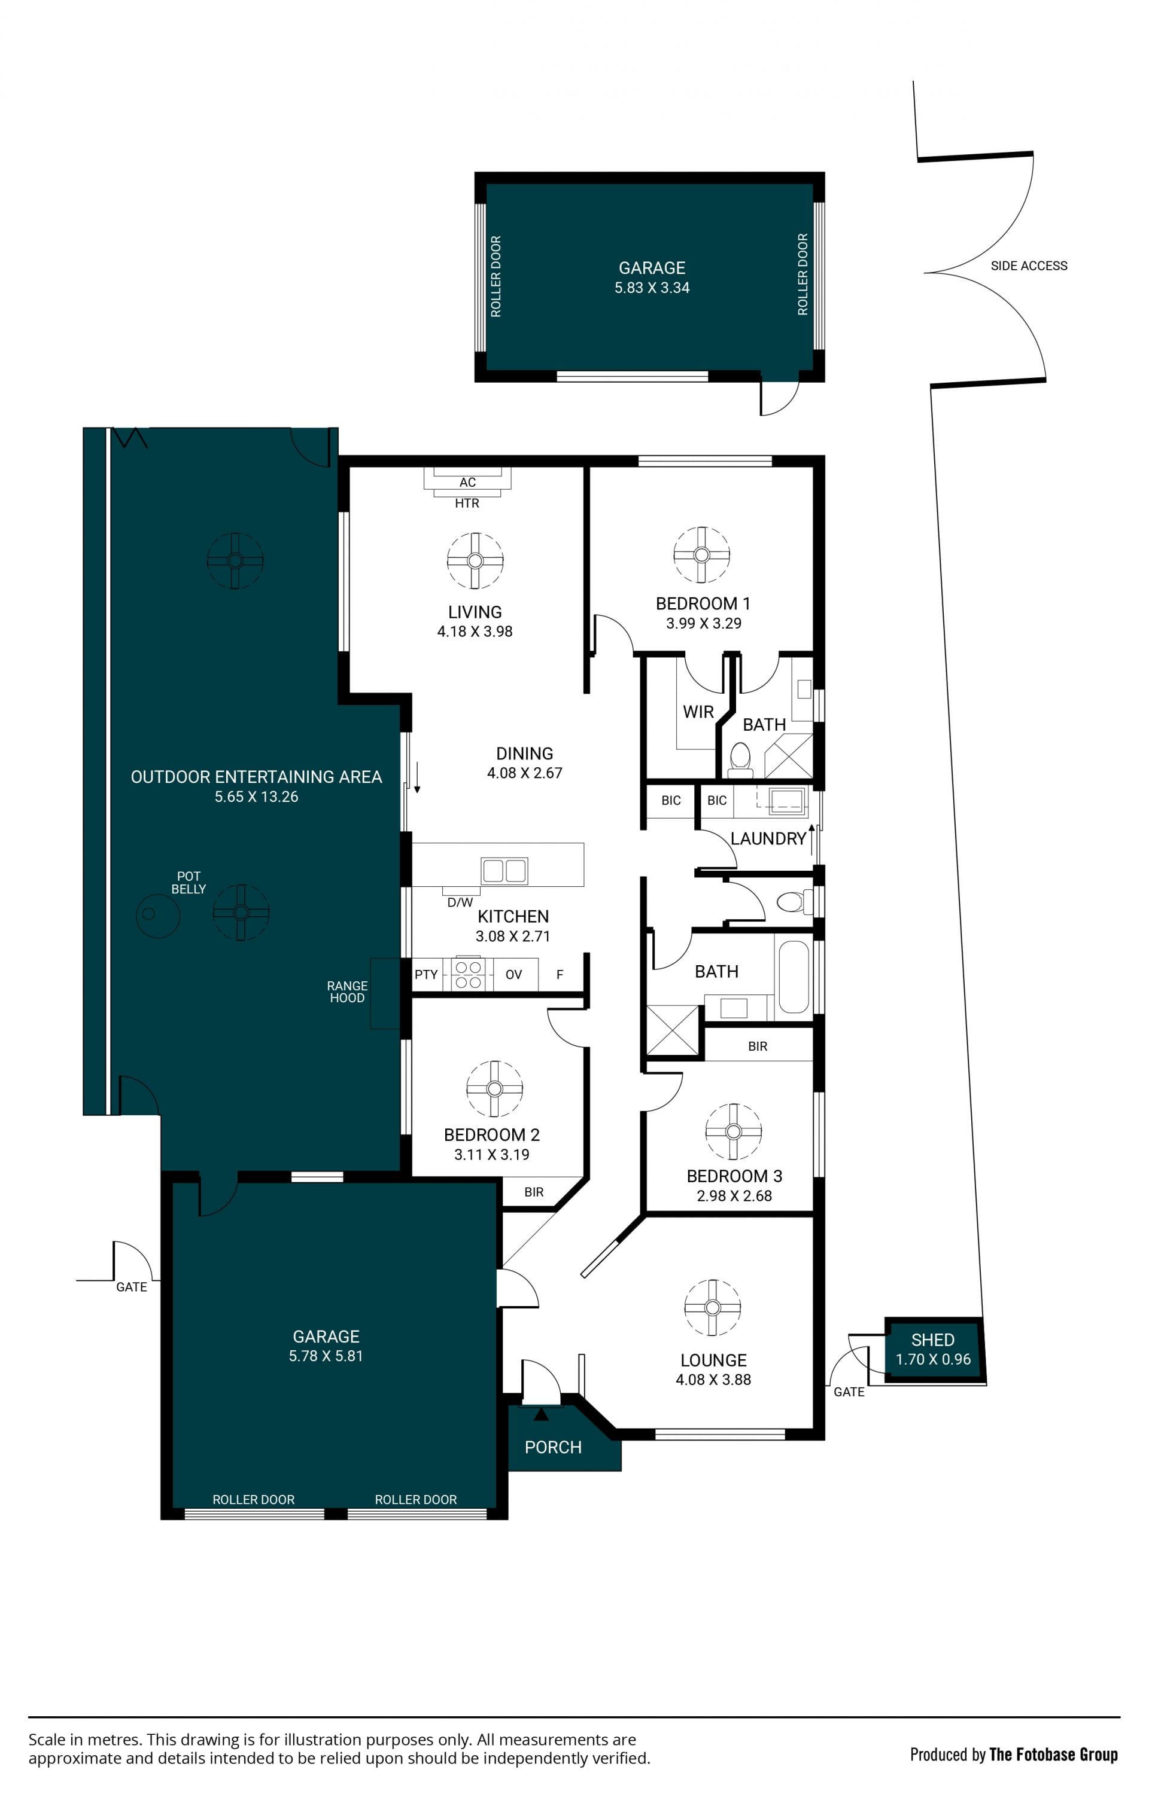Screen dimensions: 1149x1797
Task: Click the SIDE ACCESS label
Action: (x=1028, y=266)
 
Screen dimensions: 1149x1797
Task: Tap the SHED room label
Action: (x=932, y=1340)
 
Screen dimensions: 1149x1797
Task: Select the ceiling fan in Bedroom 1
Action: (x=701, y=554)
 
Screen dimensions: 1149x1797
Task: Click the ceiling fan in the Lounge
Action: (x=712, y=1307)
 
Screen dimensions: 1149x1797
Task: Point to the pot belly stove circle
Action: (x=157, y=914)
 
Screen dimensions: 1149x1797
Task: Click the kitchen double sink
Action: (x=504, y=870)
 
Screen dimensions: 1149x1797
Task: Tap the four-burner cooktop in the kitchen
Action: (x=468, y=975)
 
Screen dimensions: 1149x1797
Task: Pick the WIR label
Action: (x=698, y=712)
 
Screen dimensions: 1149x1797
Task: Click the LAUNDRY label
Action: (x=768, y=839)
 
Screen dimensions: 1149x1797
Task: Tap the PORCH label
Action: (x=552, y=1448)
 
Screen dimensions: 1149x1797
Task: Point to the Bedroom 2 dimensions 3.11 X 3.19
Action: (x=491, y=1155)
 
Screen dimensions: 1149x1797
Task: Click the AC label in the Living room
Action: (x=467, y=483)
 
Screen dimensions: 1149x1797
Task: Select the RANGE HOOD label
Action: (x=347, y=991)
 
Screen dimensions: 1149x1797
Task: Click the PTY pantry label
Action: (x=426, y=975)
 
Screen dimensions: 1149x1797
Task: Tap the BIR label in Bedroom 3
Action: (x=758, y=1047)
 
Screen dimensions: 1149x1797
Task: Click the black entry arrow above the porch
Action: (x=541, y=1414)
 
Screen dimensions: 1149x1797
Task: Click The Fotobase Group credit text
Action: (x=1053, y=1755)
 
